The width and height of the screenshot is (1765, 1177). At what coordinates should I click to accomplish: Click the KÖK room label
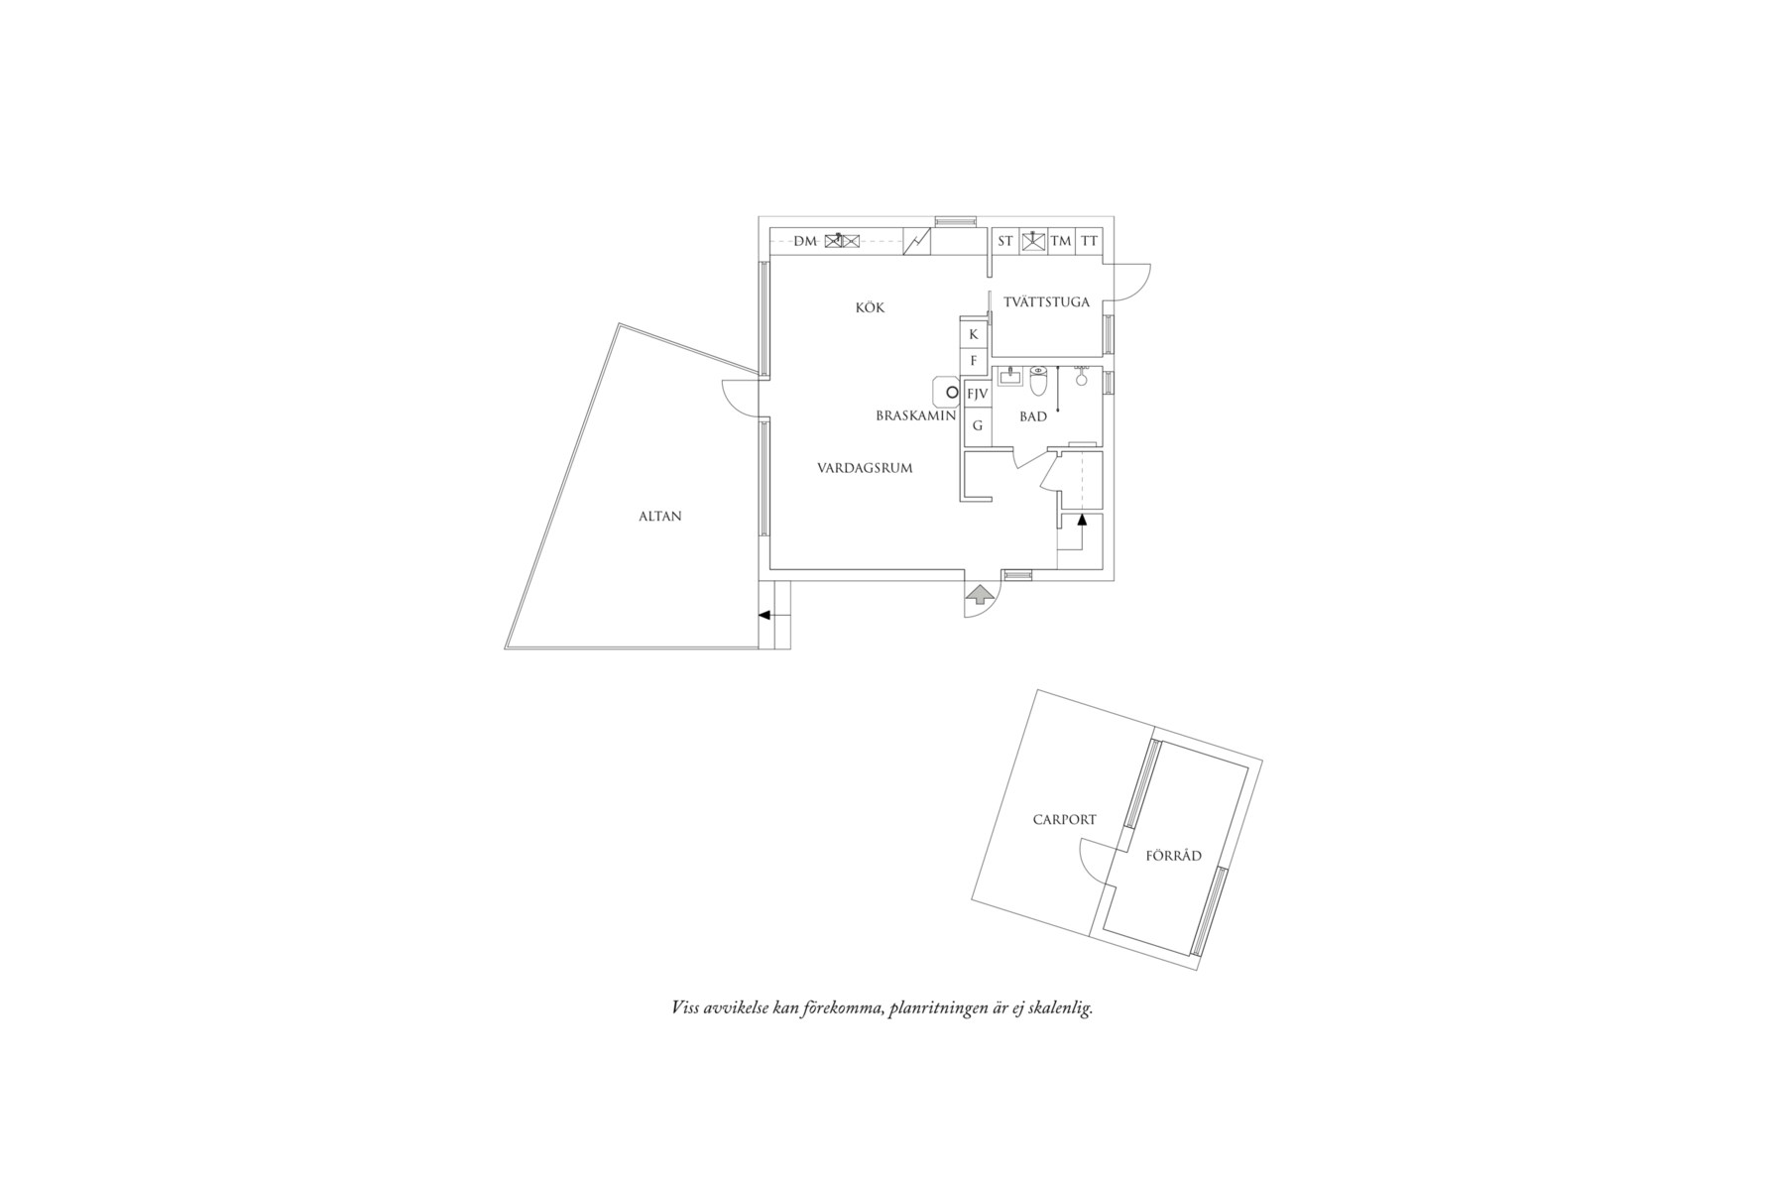tap(870, 307)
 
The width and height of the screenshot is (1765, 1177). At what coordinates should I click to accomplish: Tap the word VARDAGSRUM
tap(864, 468)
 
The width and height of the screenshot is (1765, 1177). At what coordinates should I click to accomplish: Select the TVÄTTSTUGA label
tap(1046, 301)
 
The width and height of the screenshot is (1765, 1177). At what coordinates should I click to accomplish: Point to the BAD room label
tap(1032, 416)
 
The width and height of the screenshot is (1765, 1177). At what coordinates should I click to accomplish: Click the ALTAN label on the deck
tap(659, 516)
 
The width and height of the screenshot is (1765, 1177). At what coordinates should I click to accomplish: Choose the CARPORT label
tap(1064, 819)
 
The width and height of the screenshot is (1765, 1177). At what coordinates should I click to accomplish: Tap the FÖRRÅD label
tap(1173, 856)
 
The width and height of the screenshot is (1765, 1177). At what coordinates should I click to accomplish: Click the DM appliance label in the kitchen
tap(804, 241)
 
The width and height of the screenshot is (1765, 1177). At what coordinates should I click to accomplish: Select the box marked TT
tap(1089, 241)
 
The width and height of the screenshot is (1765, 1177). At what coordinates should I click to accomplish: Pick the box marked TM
tap(1061, 241)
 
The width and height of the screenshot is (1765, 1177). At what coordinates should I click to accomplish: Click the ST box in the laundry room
tap(1005, 241)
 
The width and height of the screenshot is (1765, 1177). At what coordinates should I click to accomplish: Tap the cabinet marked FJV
tap(977, 394)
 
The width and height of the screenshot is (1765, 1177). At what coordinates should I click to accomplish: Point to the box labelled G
tap(977, 425)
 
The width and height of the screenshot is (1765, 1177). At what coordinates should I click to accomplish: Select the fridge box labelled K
tap(973, 334)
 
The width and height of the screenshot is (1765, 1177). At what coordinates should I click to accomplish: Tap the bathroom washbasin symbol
tap(1009, 376)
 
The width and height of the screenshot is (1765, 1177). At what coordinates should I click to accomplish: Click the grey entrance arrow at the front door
tap(980, 595)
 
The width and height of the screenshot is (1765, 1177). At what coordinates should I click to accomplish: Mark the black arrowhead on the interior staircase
tap(1082, 519)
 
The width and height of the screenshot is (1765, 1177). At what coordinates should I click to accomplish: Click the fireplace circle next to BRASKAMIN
tap(951, 393)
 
